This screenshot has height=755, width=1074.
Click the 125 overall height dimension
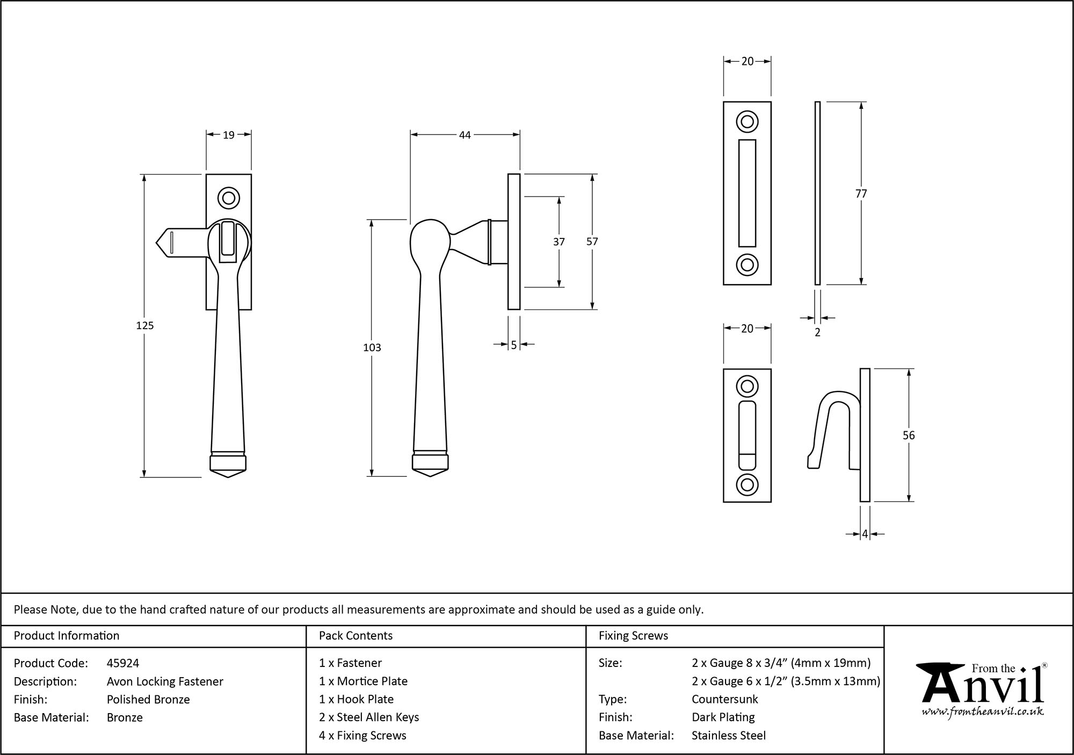[145, 325]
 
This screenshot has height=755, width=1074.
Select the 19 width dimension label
[229, 135]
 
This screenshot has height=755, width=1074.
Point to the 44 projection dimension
[465, 135]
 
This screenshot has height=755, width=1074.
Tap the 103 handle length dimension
[372, 347]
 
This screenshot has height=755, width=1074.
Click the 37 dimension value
[559, 242]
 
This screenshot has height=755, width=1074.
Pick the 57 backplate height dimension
[592, 242]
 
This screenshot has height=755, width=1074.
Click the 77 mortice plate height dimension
[861, 194]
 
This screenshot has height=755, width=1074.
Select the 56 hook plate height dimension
[908, 435]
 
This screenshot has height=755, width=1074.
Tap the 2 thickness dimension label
[817, 332]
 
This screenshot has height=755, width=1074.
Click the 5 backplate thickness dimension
[514, 345]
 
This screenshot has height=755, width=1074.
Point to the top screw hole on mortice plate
[747, 121]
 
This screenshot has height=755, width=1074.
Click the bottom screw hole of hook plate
[747, 485]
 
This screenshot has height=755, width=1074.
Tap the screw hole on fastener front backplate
[228, 198]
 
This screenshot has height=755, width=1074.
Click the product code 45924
[123, 663]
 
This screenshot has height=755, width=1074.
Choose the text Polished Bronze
[148, 699]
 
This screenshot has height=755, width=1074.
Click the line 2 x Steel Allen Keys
[368, 717]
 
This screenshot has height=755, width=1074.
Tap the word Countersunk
[724, 699]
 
